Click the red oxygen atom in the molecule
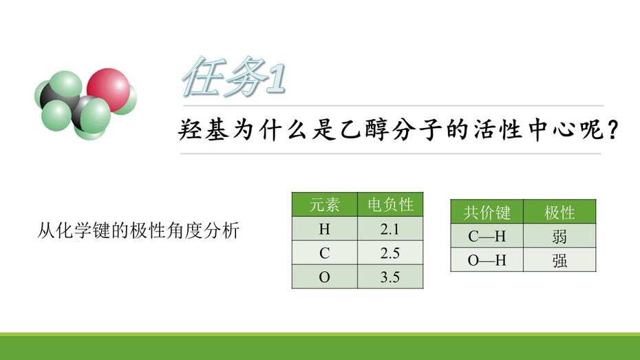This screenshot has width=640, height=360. [x=108, y=89]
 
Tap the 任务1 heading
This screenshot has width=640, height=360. [x=234, y=76]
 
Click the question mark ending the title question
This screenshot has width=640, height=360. [x=612, y=130]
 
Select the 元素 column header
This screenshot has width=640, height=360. [x=325, y=204]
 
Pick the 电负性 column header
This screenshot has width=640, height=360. [x=390, y=204]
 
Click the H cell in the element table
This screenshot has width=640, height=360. [x=325, y=229]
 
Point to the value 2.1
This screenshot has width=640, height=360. [x=390, y=229]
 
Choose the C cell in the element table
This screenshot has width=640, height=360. [x=325, y=253]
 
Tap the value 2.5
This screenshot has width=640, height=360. [x=390, y=253]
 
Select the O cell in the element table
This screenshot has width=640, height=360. [x=325, y=277]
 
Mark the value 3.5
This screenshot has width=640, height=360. [x=390, y=277]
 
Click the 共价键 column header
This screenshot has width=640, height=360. [x=487, y=212]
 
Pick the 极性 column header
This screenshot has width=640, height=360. [x=559, y=212]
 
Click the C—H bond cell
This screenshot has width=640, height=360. [x=487, y=236]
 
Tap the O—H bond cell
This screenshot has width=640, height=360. [x=487, y=260]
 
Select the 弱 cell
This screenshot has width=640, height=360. [x=559, y=236]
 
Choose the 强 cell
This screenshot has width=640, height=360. [x=559, y=260]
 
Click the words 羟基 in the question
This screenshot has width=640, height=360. [x=203, y=130]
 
